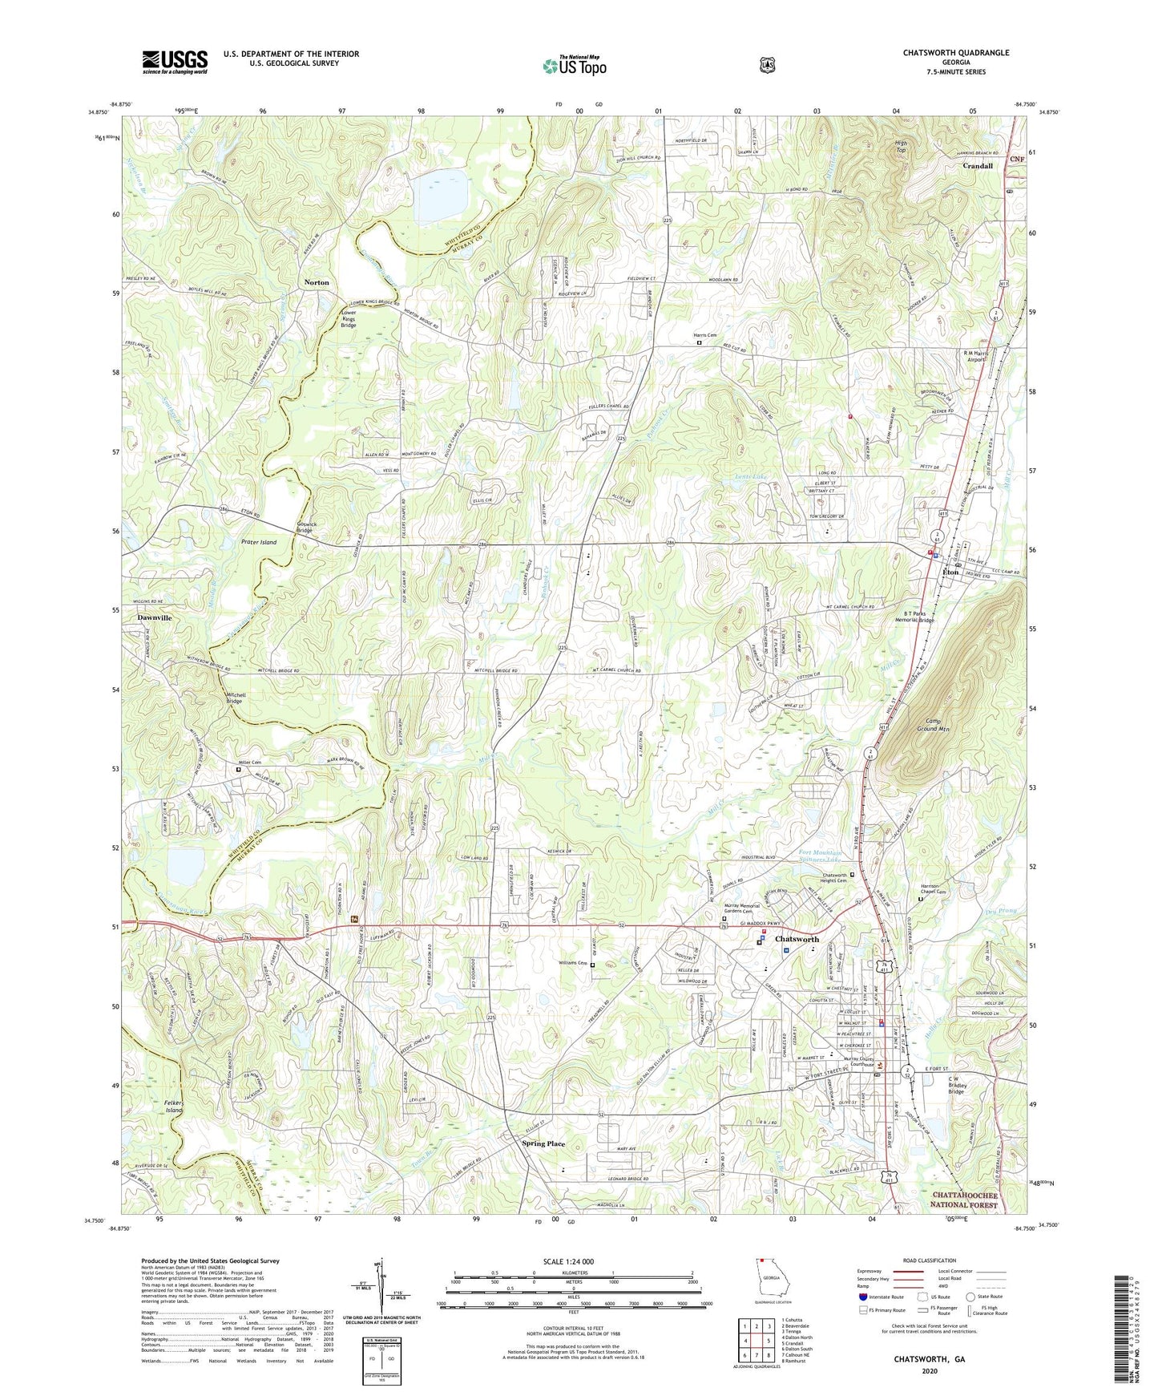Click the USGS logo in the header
coord(175,61)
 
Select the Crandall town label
coord(978,166)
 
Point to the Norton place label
coord(317,282)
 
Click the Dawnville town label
coord(154,618)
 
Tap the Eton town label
coord(950,573)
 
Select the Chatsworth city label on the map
coord(797,939)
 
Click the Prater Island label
coord(258,542)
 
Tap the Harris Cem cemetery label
coord(705,335)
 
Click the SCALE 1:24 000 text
coord(568,1261)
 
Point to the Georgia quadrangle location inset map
coord(770,1281)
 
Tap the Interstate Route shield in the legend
coord(862,1297)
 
